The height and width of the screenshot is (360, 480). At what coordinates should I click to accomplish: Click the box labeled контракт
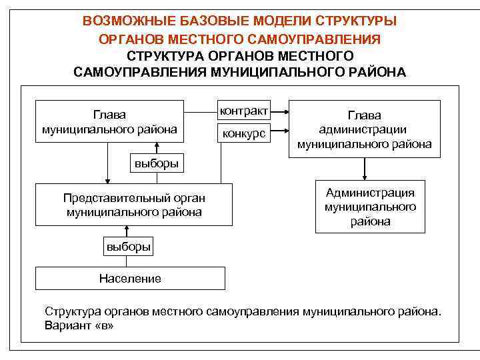pos(244,109)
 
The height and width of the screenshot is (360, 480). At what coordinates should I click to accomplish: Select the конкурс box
pos(244,134)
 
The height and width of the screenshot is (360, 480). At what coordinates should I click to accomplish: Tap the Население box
pos(130,278)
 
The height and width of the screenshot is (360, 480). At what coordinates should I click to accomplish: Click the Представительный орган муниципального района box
pos(134,205)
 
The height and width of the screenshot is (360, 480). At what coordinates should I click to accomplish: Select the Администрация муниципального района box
pos(370,207)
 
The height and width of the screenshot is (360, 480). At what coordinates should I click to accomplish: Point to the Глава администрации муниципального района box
pos(364,129)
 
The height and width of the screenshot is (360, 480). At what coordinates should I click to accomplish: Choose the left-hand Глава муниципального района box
pos(109,122)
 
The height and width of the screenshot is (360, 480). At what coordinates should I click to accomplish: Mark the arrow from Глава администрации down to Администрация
pos(364,169)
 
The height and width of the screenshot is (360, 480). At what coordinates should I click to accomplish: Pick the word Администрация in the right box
pos(370,193)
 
